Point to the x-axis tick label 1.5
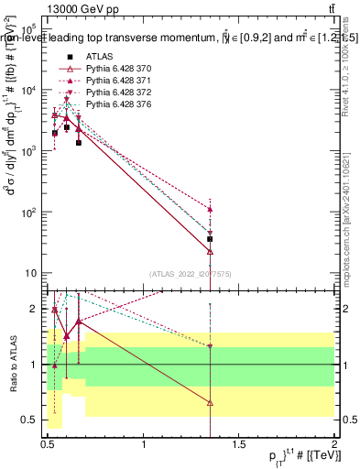(240, 445)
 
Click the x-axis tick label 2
(334, 445)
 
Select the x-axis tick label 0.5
(48, 445)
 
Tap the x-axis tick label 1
(144, 445)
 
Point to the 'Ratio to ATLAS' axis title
(12, 365)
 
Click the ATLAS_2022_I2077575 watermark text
(191, 272)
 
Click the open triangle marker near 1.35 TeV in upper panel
(211, 250)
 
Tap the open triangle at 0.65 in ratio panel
(79, 322)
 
